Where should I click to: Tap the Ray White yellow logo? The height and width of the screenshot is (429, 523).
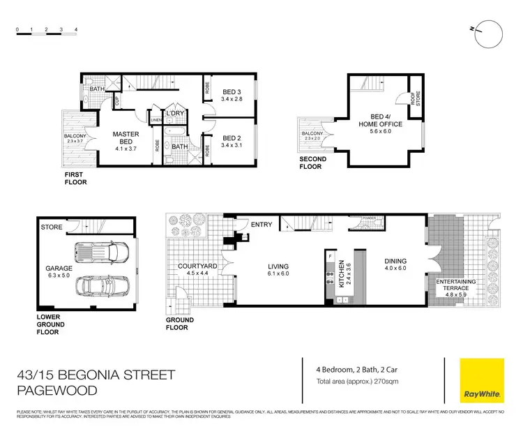pyautogui.click(x=482, y=380)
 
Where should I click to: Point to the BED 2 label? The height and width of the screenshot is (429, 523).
pyautogui.click(x=232, y=142)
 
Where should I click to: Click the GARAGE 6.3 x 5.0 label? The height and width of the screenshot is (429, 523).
pyautogui.click(x=59, y=271)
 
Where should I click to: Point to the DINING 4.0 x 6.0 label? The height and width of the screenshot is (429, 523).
pyautogui.click(x=395, y=266)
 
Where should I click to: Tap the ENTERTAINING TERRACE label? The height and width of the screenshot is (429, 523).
pyautogui.click(x=455, y=284)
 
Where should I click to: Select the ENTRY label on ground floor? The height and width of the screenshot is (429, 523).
pyautogui.click(x=262, y=225)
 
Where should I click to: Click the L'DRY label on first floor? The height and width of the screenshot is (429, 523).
pyautogui.click(x=174, y=113)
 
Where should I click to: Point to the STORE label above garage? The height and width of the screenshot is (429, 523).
pyautogui.click(x=51, y=227)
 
